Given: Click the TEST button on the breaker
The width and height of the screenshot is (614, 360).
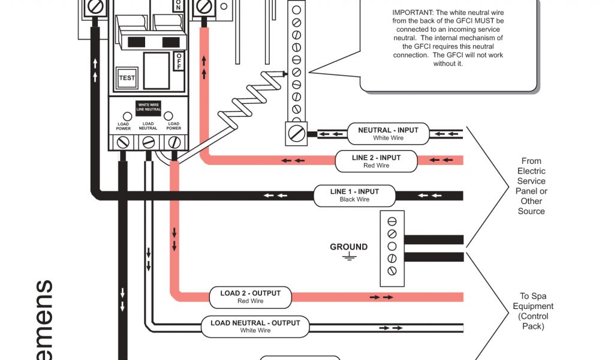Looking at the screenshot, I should click(127, 78).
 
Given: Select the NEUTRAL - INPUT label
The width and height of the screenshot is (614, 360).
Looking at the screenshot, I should click(388, 134).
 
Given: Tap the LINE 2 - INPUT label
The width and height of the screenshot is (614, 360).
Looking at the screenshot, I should click(376, 161).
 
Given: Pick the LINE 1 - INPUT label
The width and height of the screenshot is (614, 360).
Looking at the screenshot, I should click(354, 196).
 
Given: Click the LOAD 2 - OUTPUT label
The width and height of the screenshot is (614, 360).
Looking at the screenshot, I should click(250, 297).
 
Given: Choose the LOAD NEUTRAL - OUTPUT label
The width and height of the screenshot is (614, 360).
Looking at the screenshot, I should click(255, 326).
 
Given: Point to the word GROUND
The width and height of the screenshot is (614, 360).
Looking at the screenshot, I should click(348, 247).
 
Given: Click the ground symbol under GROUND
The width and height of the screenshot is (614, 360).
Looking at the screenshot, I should click(348, 257).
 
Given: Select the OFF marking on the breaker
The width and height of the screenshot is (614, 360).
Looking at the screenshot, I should click(179, 61).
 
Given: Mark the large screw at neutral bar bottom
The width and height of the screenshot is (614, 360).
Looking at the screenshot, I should click(296, 131).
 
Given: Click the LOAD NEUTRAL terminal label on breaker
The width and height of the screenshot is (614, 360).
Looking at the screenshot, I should click(148, 126).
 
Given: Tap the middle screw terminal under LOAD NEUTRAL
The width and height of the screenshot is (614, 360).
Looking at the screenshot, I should click(148, 142).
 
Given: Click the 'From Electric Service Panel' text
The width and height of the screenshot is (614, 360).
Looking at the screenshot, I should click(531, 186).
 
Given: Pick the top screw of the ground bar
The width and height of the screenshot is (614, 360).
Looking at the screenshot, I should click(392, 220).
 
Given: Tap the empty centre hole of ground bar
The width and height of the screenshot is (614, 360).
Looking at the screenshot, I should click(392, 246).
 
